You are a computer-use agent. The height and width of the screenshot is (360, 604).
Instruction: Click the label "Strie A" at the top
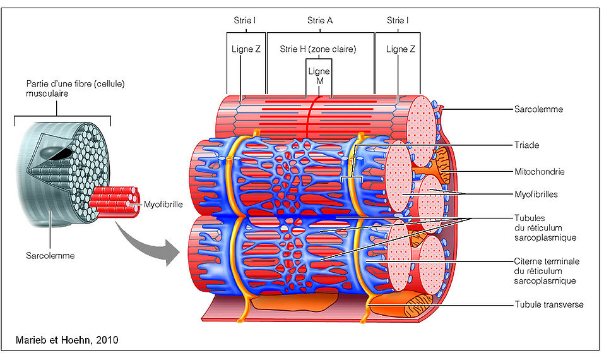320,20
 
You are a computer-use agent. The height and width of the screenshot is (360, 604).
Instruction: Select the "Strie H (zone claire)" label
318,49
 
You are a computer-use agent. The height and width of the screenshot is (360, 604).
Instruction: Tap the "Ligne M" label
319,76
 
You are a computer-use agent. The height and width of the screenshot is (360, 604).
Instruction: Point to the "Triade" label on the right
526,145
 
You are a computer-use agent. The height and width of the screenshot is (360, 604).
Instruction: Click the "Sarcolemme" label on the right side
538,109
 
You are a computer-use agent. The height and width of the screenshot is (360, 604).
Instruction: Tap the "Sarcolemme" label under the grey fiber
50,256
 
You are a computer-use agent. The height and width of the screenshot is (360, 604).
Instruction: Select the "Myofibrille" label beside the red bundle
162,203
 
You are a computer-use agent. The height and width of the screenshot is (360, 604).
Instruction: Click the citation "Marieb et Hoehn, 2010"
67,340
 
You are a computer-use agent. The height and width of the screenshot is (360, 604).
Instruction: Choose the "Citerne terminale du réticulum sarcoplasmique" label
547,271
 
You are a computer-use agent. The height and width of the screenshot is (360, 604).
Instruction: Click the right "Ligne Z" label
401,49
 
